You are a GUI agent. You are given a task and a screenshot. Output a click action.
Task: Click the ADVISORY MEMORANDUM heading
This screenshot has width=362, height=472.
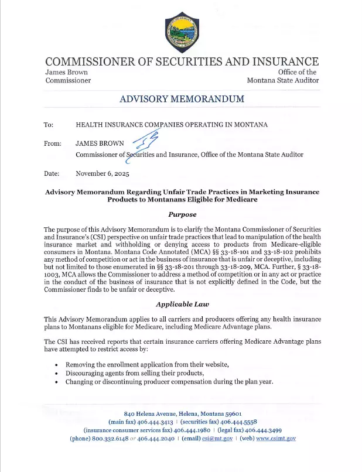(182, 99)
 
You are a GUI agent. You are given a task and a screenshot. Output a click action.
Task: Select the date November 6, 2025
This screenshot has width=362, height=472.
(103, 173)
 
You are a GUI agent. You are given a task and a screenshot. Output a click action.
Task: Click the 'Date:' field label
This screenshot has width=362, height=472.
(52, 173)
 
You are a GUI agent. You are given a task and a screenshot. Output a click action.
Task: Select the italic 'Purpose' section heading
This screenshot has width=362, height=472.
(182, 214)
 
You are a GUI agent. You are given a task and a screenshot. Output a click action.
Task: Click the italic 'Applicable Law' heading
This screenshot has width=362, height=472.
(182, 304)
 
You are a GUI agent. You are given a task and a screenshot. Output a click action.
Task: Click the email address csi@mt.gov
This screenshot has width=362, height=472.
(221, 438)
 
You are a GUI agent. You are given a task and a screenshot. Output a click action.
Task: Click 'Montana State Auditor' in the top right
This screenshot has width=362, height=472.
(282, 80)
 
